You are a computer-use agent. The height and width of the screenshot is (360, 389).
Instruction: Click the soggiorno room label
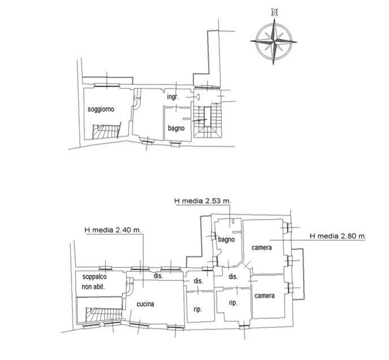point(101,109)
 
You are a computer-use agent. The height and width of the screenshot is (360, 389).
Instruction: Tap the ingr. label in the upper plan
point(172,97)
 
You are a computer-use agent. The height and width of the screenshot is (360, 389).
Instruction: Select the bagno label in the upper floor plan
point(176,128)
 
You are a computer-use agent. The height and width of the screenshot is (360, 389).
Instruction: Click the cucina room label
point(145,303)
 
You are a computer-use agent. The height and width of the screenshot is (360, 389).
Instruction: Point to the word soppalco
point(94,277)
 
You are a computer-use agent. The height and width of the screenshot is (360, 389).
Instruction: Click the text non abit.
point(93,287)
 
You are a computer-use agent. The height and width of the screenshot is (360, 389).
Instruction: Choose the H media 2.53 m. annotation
point(202,201)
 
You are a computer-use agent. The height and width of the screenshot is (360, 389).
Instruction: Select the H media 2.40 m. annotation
point(113,230)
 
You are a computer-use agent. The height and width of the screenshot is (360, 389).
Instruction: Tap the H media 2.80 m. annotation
point(338,236)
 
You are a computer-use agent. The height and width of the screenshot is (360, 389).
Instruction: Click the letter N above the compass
point(274,12)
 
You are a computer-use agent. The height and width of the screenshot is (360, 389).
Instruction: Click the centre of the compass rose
point(274,41)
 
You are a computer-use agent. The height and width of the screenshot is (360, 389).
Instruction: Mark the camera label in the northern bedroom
point(261,248)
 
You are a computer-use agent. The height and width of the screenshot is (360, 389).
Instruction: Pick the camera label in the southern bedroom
point(265,296)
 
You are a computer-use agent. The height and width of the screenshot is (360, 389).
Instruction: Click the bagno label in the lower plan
point(226,240)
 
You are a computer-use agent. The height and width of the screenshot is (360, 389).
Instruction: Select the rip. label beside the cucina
point(198,310)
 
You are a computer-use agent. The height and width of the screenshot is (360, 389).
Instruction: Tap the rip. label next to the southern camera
point(233,303)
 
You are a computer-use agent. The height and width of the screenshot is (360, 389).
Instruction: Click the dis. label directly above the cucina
point(158,275)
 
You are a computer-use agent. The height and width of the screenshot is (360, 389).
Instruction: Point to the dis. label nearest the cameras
point(233,276)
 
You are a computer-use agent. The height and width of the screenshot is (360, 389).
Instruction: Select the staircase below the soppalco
point(103,314)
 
